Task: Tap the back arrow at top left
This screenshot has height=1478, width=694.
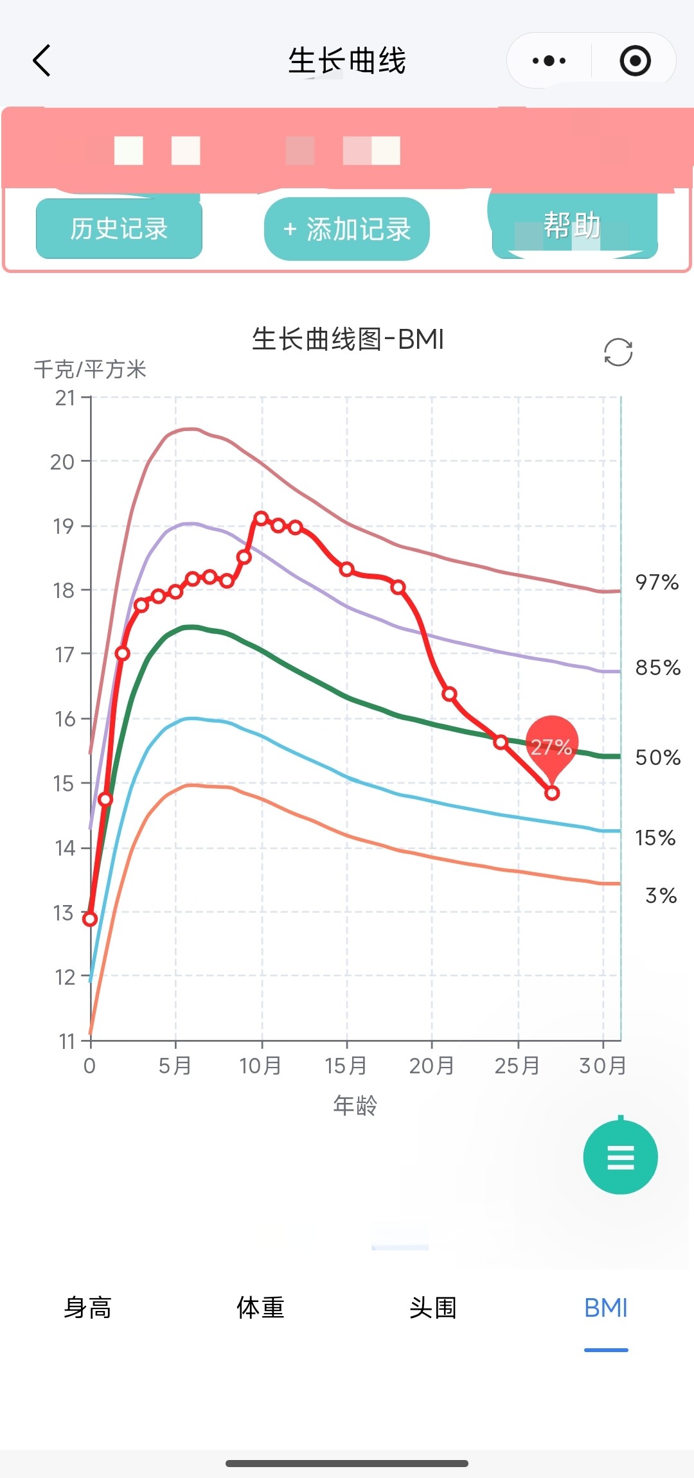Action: [x=42, y=61]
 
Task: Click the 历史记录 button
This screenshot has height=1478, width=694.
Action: [x=119, y=229]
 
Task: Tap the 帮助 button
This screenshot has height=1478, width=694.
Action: [x=573, y=226]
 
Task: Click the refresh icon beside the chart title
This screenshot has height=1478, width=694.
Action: [x=618, y=352]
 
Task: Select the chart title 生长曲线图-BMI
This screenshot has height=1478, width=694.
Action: [x=348, y=339]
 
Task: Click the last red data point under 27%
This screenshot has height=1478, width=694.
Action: [x=552, y=793]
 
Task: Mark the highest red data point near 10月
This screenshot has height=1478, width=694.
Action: [x=261, y=518]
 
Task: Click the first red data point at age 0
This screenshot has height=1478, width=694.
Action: [x=90, y=919]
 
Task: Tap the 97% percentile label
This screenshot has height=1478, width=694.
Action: [x=657, y=583]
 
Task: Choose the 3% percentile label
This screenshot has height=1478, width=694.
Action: [x=661, y=895]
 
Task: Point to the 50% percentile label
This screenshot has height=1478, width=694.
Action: [x=657, y=758]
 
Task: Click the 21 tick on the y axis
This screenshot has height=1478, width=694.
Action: [x=65, y=398]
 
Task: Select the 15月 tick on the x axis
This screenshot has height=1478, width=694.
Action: [x=346, y=1066]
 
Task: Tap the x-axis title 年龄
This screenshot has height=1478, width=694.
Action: [x=355, y=1105]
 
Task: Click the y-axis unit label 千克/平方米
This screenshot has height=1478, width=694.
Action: [x=90, y=369]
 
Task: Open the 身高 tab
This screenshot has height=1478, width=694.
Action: [x=88, y=1308]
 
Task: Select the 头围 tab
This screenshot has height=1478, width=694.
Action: [x=433, y=1308]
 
